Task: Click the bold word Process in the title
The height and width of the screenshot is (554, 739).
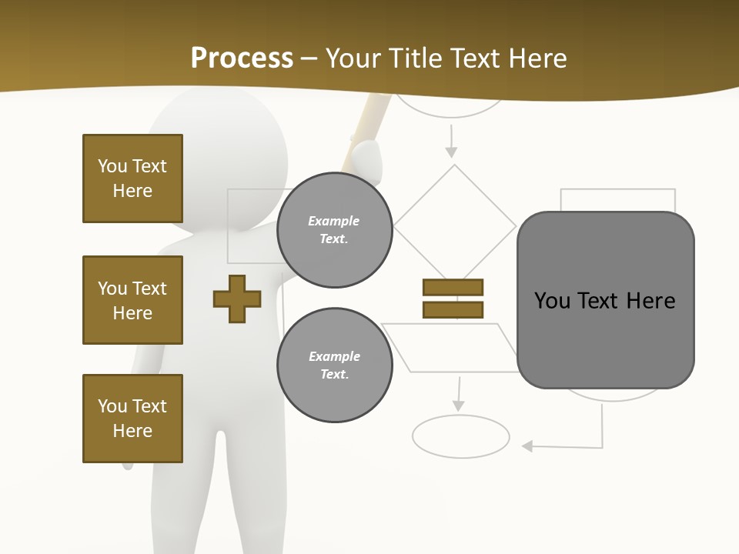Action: click(242, 58)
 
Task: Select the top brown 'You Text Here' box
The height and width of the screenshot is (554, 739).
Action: click(132, 179)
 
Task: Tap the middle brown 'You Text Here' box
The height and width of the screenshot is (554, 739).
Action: click(132, 300)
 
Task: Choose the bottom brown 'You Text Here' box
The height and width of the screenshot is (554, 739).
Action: click(132, 419)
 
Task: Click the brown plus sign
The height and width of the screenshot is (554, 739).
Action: click(237, 299)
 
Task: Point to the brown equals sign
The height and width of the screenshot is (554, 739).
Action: click(453, 299)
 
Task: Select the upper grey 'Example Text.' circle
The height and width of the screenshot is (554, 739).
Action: click(334, 230)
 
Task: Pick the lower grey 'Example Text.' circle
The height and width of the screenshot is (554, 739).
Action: click(334, 365)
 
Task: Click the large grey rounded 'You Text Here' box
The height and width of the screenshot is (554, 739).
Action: click(605, 300)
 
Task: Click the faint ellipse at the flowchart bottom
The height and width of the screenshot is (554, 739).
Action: click(460, 436)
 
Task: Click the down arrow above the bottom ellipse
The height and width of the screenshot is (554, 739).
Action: click(459, 395)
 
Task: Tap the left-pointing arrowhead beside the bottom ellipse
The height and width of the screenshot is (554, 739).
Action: click(528, 446)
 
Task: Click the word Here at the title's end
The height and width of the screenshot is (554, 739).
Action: click(539, 58)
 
